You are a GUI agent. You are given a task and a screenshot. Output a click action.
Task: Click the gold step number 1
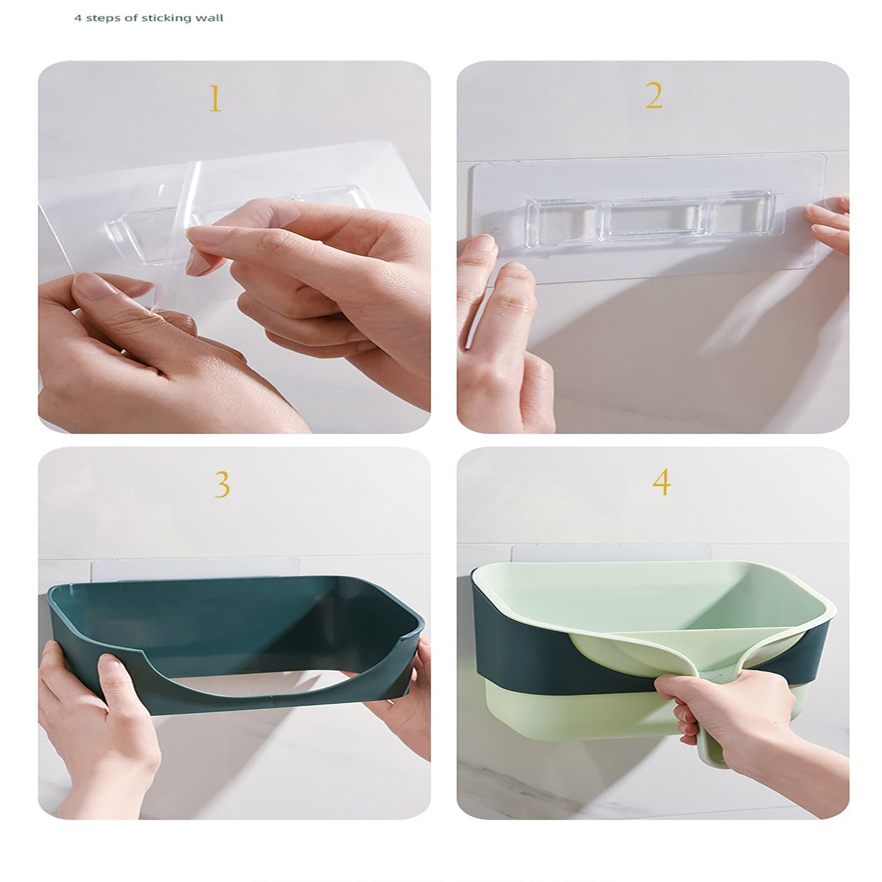click(215, 98)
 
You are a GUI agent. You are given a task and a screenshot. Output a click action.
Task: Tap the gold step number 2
click(654, 96)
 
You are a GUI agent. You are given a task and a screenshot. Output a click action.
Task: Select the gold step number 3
click(222, 484)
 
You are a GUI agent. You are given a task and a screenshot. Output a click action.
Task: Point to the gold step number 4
click(662, 481)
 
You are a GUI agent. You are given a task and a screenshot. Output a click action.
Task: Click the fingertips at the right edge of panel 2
click(828, 224)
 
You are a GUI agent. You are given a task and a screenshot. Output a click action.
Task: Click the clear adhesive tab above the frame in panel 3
click(195, 568)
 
